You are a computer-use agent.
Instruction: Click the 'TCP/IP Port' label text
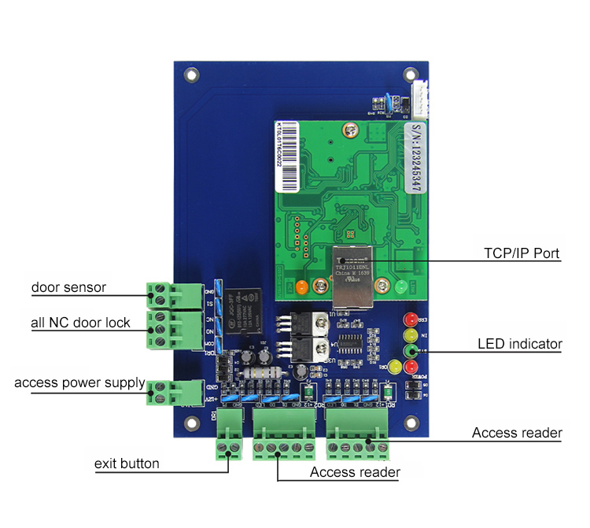coord(521,254)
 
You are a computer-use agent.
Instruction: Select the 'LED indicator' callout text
coord(520,344)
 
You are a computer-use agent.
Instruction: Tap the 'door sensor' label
coord(68,286)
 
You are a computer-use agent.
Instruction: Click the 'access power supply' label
coord(79,383)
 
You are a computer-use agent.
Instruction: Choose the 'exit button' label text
coord(127,463)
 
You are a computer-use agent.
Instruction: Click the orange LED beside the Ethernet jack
coord(300,286)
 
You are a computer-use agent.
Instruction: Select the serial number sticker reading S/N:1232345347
coord(418,157)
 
